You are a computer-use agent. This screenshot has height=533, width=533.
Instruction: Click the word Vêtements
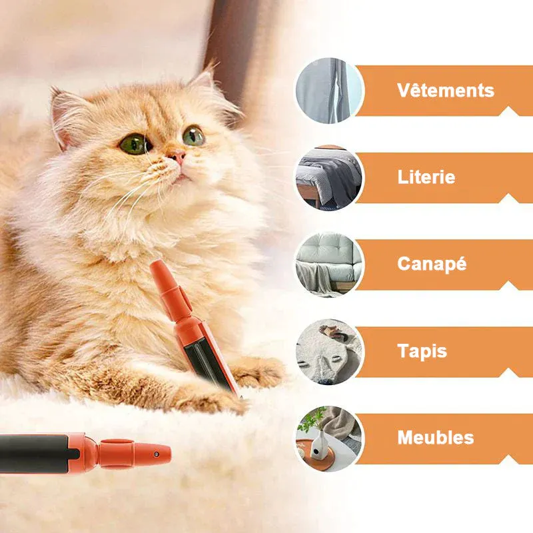(445, 91)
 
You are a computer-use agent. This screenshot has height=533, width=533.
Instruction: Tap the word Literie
(426, 177)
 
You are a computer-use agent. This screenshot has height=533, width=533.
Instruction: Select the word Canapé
(432, 265)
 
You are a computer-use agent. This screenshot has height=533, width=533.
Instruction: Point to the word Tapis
(422, 351)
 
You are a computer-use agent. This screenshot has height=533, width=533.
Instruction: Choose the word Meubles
(436, 438)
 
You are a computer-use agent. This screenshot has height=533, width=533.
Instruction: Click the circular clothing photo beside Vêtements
(328, 91)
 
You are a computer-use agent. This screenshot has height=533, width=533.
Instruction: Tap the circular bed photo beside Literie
(328, 178)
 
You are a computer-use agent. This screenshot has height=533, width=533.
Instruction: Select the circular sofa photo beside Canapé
(328, 265)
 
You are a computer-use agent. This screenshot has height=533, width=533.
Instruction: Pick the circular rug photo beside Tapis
(328, 352)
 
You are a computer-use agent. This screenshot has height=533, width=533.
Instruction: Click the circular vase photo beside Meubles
(328, 439)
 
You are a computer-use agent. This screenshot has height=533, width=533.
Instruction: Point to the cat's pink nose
(177, 157)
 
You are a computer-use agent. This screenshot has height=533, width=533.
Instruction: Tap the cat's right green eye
(194, 136)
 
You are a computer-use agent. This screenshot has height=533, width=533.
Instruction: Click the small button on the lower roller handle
(156, 454)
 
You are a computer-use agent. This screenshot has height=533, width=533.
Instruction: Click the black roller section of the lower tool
(34, 454)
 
